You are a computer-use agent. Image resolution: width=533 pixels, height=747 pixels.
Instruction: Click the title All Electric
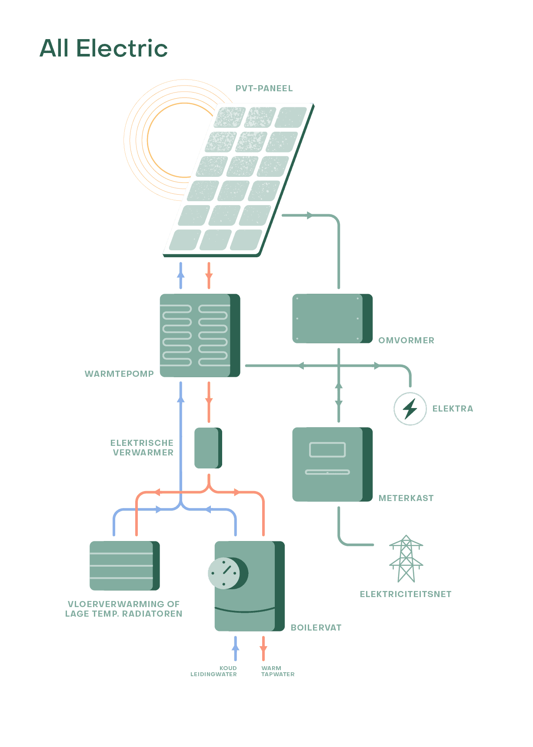pyautogui.click(x=103, y=48)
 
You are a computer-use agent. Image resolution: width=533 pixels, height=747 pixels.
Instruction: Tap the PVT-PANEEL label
pyautogui.click(x=264, y=88)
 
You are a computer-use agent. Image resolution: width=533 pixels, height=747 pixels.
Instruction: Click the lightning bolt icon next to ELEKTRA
pyautogui.click(x=410, y=408)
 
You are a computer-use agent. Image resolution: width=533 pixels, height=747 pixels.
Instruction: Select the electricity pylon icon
pyautogui.click(x=406, y=559)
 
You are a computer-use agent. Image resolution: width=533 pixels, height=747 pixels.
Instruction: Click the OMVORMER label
pyautogui.click(x=406, y=340)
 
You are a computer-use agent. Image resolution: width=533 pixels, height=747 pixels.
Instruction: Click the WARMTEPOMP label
pyautogui.click(x=119, y=374)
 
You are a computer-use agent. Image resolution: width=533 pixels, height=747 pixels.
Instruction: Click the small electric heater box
pyautogui.click(x=207, y=448)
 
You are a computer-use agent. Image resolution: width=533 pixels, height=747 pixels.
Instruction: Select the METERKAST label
pyautogui.click(x=406, y=498)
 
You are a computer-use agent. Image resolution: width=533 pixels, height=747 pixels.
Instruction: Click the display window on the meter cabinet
pyautogui.click(x=327, y=450)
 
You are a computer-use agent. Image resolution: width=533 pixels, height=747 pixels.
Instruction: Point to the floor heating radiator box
pyautogui.click(x=122, y=565)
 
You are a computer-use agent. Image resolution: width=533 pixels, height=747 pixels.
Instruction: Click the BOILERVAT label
pyautogui.click(x=316, y=627)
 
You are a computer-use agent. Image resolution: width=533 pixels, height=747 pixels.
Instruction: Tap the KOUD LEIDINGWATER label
pyautogui.click(x=214, y=671)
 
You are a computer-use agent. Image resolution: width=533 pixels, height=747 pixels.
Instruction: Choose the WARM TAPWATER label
pyautogui.click(x=278, y=671)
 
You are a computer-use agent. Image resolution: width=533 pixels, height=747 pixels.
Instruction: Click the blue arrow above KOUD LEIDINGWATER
pyautogui.click(x=236, y=647)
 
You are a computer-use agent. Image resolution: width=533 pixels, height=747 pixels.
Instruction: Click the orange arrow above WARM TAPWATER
pyautogui.click(x=263, y=649)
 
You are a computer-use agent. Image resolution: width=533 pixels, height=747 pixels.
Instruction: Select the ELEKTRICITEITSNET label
pyautogui.click(x=406, y=594)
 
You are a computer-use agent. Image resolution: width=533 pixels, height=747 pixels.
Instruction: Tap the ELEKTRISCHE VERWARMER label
pyautogui.click(x=142, y=448)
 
